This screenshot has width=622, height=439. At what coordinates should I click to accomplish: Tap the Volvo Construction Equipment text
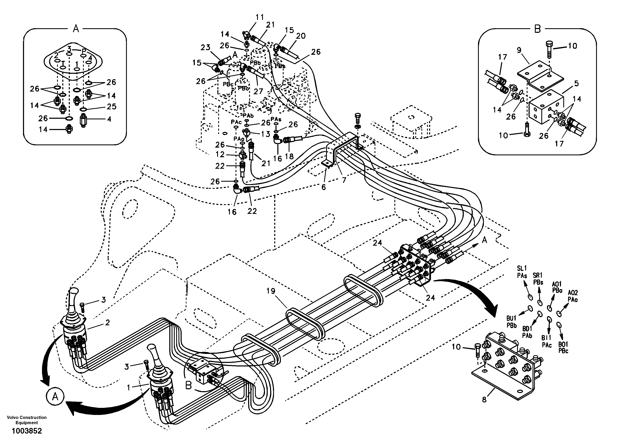pos(27,420)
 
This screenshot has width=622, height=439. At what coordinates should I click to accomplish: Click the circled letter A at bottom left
pos(55,397)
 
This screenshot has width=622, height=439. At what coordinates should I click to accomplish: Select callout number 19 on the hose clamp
pos(271,291)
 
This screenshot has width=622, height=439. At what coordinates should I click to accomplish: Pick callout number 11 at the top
pos(260,17)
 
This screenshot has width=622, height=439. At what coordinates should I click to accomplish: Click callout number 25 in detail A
pos(111,106)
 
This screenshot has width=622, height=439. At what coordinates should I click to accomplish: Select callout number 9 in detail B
pos(519,50)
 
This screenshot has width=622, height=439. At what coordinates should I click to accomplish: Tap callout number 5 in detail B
pos(576,83)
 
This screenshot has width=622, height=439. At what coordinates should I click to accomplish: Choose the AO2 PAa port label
pos(573,296)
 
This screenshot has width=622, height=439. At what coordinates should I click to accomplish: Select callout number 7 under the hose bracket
pos(344,180)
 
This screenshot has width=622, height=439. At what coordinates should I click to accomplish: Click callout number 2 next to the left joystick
pos(107,323)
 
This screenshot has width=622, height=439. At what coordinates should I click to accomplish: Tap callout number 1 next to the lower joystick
pos(129,388)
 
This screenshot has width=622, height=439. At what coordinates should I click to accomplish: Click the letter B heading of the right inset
pos(537,29)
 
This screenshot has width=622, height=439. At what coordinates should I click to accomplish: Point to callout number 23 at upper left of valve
pos(205,47)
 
